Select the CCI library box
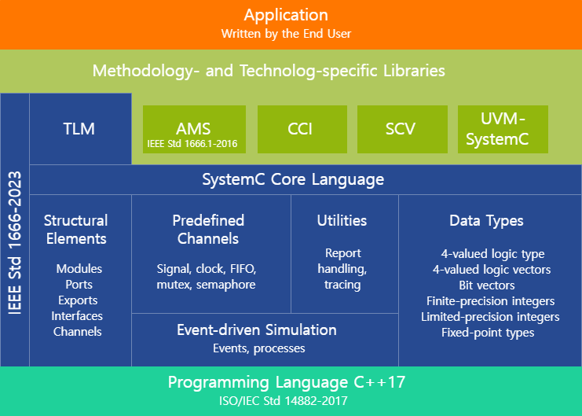pos(295,129)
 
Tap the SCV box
pos(397,129)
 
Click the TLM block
pos(79,129)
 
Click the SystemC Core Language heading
pos(293,179)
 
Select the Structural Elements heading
pos(75,229)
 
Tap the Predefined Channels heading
pos(208,229)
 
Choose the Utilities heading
pos(342,220)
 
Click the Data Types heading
pos(486,221)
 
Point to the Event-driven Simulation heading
pos(257,329)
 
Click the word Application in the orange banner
pos(286,15)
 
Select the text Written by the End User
pos(286,34)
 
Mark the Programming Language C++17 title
pos(287,383)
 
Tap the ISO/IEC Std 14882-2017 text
pos(287,400)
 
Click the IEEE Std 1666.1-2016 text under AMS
pos(192,144)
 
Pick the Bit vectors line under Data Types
pos(487,285)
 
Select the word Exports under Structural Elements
pos(78,300)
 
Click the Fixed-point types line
pos(488,332)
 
